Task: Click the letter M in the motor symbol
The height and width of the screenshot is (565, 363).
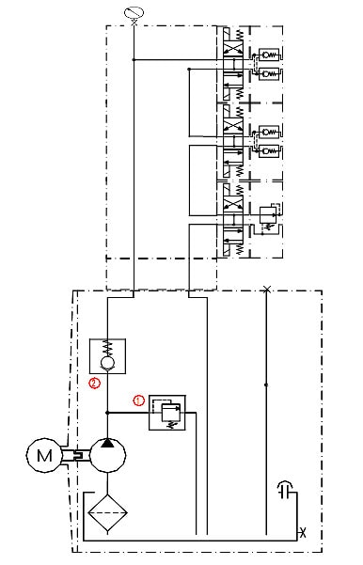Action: (44, 455)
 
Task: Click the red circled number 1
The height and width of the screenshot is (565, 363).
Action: (139, 400)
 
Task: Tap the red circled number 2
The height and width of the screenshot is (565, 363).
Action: (94, 383)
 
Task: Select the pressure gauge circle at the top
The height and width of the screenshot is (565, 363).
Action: (134, 12)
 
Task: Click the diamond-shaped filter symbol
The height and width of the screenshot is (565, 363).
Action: (107, 512)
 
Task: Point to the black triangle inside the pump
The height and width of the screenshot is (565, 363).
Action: (107, 443)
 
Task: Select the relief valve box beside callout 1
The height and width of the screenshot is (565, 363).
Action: (167, 413)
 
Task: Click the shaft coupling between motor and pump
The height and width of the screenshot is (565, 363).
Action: (77, 455)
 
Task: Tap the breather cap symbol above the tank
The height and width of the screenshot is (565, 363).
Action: (286, 490)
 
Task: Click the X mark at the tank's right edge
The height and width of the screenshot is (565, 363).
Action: (303, 532)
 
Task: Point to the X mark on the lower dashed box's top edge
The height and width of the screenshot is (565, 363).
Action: (266, 290)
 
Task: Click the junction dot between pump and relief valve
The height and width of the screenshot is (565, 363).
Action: (107, 413)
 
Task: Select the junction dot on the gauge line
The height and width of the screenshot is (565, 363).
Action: (134, 59)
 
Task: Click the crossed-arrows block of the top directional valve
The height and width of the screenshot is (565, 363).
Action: (233, 49)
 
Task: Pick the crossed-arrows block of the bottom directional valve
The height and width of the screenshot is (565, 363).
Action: (233, 204)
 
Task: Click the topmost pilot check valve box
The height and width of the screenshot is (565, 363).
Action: (269, 55)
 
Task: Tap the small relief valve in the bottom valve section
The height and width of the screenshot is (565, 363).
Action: (268, 215)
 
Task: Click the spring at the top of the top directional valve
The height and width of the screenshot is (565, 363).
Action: (240, 35)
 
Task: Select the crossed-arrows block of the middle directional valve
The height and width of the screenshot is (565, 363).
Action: (233, 126)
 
